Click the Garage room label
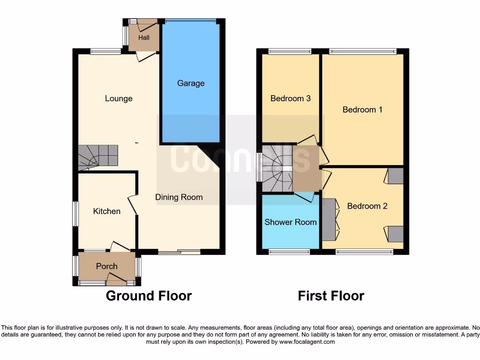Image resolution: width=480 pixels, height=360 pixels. point(191,83)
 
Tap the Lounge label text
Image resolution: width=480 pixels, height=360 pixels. point(119,98)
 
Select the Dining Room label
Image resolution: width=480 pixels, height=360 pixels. point(179,197)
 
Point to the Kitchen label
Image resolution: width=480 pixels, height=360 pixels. point(107,211)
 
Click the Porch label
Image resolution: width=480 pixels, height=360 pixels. point(106,266)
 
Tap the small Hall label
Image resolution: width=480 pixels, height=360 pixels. point(144,37)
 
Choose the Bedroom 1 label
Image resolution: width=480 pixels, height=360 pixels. point(362,110)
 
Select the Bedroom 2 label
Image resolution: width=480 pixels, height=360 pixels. point(367,206)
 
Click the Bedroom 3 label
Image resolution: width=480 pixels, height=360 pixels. point(291,98)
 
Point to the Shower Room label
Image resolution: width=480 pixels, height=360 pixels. point(291,222)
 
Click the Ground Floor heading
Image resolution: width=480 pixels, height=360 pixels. point(149,296)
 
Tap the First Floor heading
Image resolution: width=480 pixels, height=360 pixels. point(331,296)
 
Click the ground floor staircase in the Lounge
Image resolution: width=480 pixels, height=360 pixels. point(97,156)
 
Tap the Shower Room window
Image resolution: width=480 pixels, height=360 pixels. point(289,252)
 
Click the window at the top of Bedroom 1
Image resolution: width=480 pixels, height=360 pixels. point(362,51)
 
